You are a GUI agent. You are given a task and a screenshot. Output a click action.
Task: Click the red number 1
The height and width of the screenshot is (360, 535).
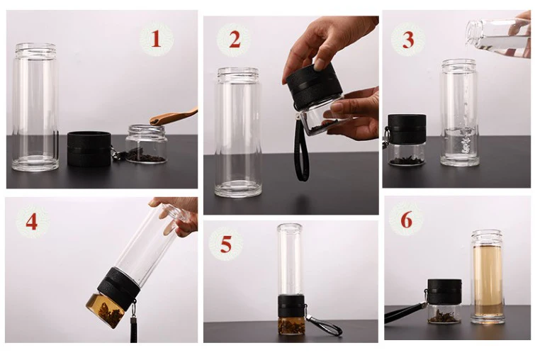click(156, 38)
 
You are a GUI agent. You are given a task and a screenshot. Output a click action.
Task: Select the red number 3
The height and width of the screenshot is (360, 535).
click(408, 40)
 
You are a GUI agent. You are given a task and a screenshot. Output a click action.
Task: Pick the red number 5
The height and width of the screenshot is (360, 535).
click(225, 244)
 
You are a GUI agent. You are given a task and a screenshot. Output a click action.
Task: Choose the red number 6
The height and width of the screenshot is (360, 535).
click(406, 220)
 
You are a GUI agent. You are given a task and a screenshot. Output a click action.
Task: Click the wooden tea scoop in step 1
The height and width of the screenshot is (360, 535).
click(174, 116)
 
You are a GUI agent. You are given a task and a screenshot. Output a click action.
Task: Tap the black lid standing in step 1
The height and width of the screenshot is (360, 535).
click(89, 149)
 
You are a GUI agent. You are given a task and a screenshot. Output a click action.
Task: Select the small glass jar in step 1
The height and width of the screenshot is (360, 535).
click(146, 144)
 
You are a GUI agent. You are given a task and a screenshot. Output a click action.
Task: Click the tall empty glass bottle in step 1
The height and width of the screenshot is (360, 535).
click(35, 107)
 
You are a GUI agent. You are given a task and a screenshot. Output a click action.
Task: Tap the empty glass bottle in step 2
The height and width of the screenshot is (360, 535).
click(238, 132)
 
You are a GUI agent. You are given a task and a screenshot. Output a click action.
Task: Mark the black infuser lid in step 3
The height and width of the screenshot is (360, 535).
click(407, 129)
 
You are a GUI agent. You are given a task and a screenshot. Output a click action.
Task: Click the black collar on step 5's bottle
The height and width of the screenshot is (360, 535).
click(291, 305)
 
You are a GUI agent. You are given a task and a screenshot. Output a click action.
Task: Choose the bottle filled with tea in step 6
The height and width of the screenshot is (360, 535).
click(486, 276)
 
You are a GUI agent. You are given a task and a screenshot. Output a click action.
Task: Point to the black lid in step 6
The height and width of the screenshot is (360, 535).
click(445, 293)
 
